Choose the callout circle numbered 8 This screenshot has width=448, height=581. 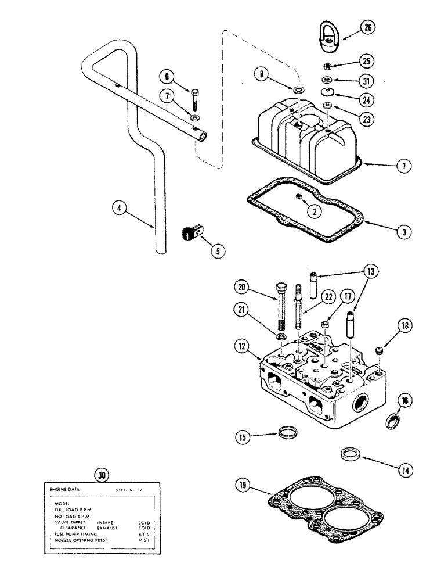click(x=263, y=74)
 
